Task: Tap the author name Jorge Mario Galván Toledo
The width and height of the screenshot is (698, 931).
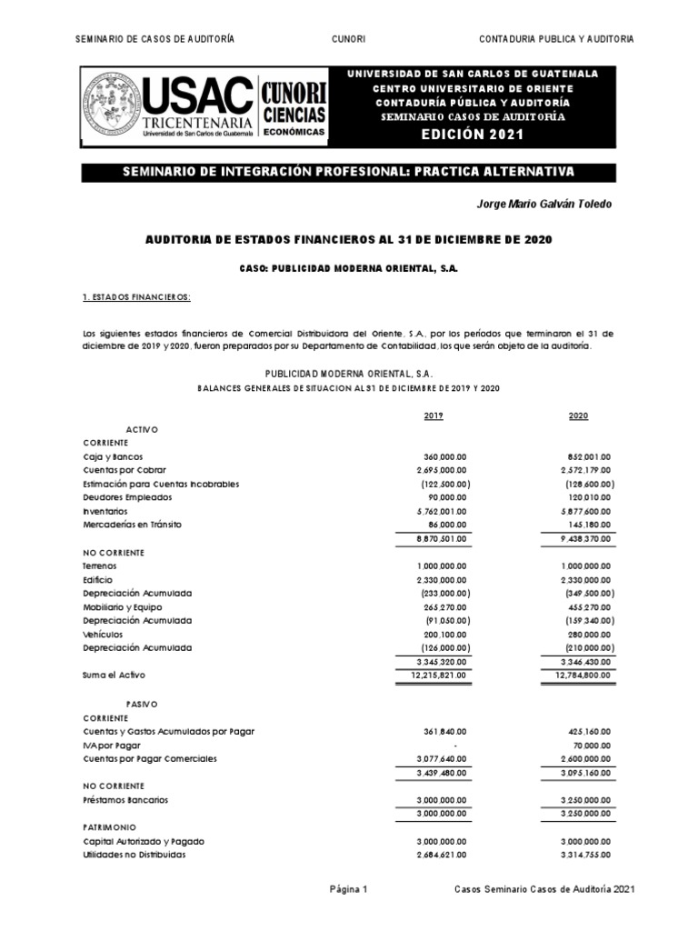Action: click(543, 204)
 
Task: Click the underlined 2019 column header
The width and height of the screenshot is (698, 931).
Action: click(434, 415)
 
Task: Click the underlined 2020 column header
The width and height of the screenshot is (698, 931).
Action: click(578, 415)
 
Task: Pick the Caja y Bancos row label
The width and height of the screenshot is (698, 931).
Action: click(112, 456)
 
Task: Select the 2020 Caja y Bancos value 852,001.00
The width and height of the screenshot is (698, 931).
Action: click(587, 456)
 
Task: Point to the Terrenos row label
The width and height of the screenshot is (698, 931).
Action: click(99, 566)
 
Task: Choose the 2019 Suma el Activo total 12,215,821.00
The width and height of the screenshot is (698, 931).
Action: click(437, 675)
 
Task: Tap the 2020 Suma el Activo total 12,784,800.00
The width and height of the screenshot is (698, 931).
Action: click(583, 675)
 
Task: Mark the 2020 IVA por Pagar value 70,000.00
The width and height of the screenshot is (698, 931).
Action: click(592, 745)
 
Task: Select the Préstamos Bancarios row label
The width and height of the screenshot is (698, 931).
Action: click(125, 800)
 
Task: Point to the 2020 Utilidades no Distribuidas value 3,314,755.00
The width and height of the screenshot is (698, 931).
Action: click(583, 855)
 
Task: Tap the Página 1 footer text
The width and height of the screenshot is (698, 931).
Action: click(348, 892)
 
